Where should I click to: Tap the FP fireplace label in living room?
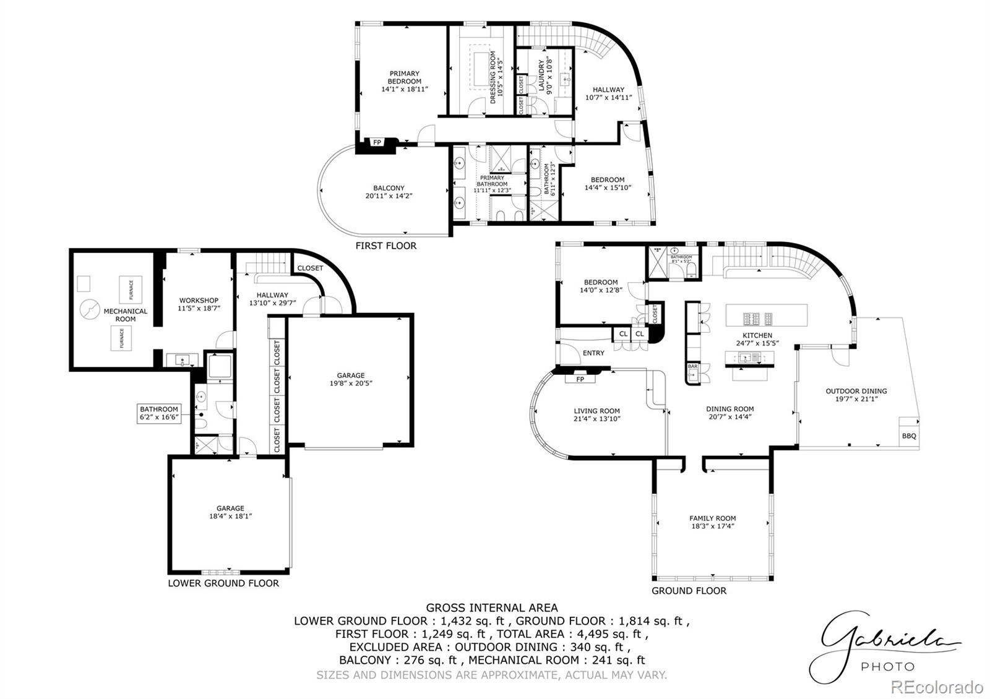(x=580, y=379)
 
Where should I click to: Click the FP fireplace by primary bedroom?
(x=377, y=143)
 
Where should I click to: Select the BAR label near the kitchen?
(x=692, y=366)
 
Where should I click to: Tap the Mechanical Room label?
(x=126, y=315)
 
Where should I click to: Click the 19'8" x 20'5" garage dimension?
(x=351, y=383)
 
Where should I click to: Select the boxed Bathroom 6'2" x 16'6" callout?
(x=159, y=413)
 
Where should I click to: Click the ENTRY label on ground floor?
(x=593, y=353)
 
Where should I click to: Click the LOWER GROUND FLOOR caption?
(x=223, y=583)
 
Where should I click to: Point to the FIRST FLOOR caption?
(x=385, y=246)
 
